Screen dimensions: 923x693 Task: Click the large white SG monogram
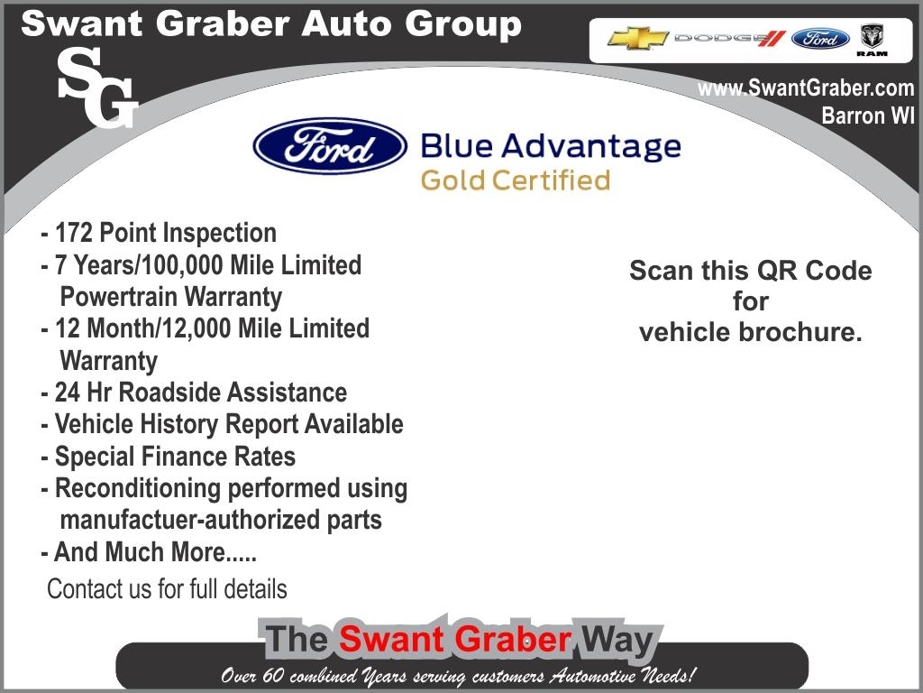[97, 88]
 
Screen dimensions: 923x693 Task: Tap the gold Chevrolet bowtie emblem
[637, 38]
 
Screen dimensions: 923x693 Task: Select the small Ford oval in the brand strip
[820, 39]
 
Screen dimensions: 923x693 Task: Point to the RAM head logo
[872, 40]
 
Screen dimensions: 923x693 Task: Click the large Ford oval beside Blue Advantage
[330, 145]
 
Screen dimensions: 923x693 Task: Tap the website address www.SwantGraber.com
[806, 88]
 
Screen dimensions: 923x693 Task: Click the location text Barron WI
[868, 115]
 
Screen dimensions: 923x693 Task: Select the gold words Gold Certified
[516, 180]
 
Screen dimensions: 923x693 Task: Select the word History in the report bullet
[179, 425]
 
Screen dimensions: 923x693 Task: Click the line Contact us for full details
[167, 588]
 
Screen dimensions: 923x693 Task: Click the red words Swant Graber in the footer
[455, 640]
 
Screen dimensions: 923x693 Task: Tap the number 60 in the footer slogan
[274, 675]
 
